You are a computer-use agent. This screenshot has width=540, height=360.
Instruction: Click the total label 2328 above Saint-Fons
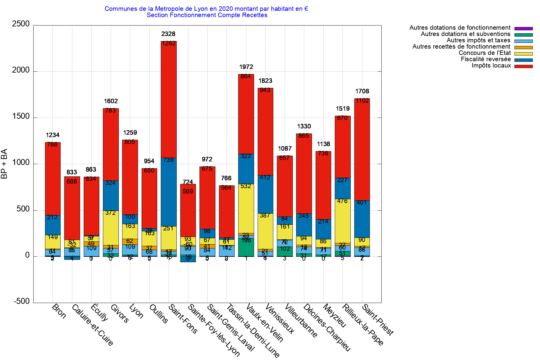(168, 34)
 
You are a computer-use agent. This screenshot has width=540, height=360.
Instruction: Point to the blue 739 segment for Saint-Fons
(169, 192)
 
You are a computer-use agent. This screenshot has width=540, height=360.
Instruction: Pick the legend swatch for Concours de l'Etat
(523, 54)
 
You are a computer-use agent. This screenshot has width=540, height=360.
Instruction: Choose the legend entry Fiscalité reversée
(486, 59)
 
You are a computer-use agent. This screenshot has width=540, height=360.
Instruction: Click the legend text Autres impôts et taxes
(478, 40)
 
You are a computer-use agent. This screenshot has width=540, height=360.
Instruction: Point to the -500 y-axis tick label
(22, 301)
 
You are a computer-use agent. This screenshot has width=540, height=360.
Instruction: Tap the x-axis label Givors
(119, 313)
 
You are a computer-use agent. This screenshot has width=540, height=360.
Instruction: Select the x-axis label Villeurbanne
(301, 320)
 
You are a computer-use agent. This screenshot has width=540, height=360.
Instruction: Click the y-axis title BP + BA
(4, 164)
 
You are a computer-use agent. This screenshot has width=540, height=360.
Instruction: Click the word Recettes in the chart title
(254, 15)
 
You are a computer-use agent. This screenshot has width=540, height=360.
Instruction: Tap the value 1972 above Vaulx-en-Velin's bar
(246, 67)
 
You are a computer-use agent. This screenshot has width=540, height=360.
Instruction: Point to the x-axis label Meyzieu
(334, 316)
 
